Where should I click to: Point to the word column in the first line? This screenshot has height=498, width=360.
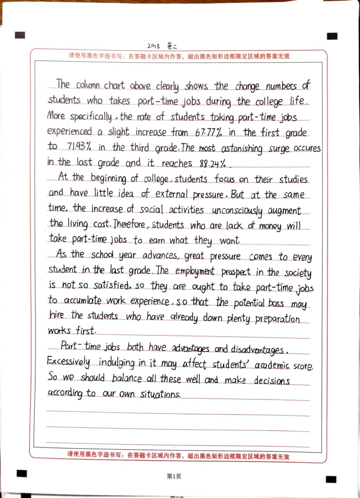coord(88,85)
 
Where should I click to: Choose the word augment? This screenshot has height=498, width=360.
coord(283,211)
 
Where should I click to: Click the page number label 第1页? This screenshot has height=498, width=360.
coord(174,476)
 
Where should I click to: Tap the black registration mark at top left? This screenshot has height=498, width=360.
coord(19,35)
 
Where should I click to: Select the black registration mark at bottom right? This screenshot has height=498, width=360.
coord(331,479)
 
